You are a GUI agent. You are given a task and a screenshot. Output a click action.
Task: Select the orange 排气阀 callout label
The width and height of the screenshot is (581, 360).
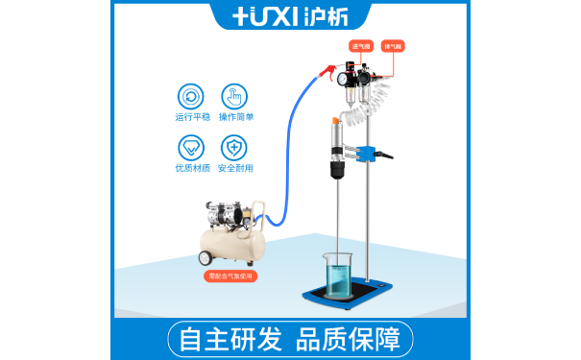pyautogui.click(x=393, y=45)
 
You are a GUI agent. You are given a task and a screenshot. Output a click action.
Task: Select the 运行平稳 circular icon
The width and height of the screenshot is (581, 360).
pyautogui.click(x=190, y=96)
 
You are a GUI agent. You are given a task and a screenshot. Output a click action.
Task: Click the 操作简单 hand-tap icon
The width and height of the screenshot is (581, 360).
pyautogui.click(x=234, y=96)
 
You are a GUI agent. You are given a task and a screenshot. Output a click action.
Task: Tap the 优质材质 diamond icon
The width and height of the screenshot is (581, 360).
pyautogui.click(x=190, y=148)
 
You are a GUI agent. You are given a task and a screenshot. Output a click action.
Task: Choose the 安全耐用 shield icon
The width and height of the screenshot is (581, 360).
pyautogui.click(x=234, y=148)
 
